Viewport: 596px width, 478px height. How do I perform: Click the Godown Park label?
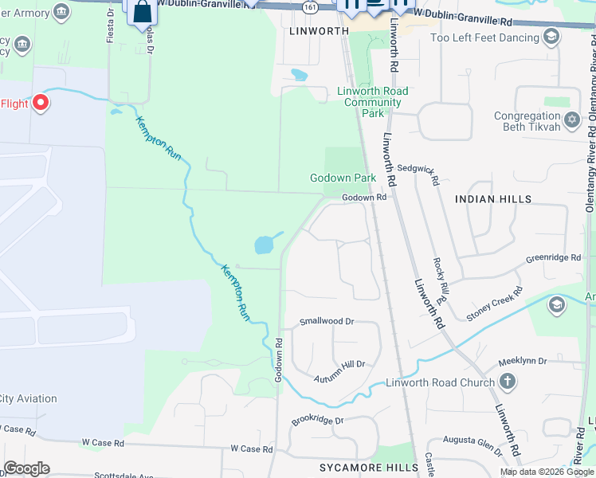coord(343,178)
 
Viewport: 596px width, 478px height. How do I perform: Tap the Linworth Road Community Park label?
coord(372,102)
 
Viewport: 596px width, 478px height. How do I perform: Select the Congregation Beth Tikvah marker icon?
coord(571,120)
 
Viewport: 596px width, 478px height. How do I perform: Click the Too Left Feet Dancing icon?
coord(551,37)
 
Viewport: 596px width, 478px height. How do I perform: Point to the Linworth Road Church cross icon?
coord(508,382)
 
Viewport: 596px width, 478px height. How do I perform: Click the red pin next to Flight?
coord(39,104)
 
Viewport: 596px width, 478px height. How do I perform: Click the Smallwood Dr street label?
coord(326,321)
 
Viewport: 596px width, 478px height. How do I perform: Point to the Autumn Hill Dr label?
coord(339,364)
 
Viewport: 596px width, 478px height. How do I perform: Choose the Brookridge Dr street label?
coord(316,420)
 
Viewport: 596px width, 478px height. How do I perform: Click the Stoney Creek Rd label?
coord(494,304)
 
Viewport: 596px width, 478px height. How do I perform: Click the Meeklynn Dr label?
coord(523,361)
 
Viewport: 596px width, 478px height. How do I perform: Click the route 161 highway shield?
coord(308,7)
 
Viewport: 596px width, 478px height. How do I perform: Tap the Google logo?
coord(26,468)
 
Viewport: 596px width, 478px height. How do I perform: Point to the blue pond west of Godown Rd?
coord(264,245)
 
